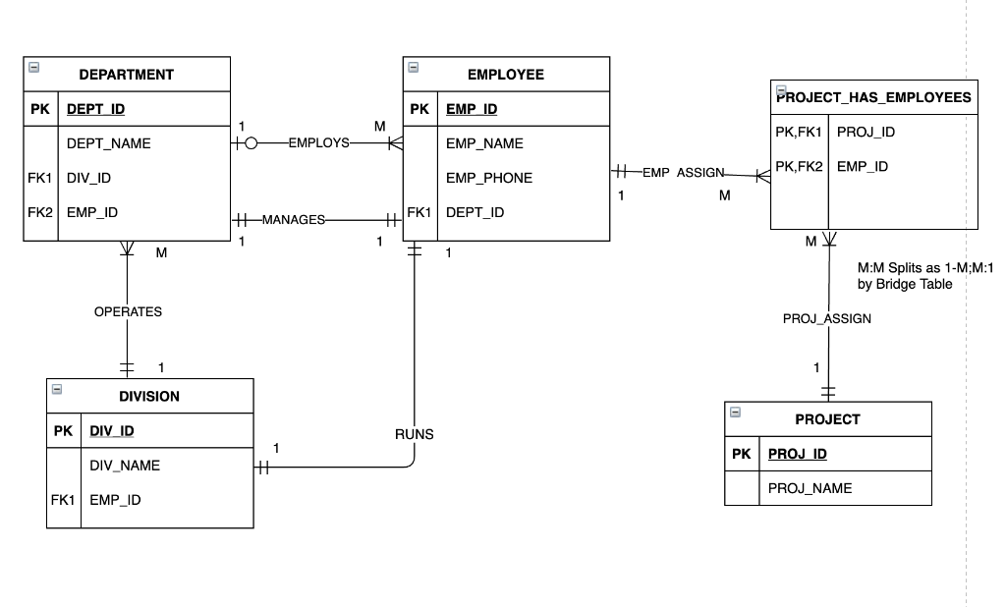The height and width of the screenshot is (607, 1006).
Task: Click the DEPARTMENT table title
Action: click(127, 75)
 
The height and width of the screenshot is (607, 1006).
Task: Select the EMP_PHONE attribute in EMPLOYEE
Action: click(488, 178)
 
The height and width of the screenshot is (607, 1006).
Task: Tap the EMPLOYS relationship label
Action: click(318, 142)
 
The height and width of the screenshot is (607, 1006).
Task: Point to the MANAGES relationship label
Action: click(293, 219)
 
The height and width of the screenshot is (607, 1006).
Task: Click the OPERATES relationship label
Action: click(128, 311)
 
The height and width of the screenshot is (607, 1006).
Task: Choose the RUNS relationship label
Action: click(414, 434)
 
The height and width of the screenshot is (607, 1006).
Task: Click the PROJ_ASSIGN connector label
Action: click(826, 318)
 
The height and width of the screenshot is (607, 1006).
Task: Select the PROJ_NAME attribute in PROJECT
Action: click(810, 488)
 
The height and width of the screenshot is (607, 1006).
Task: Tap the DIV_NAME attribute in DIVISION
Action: click(125, 466)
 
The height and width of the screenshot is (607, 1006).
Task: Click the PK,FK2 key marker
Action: click(798, 167)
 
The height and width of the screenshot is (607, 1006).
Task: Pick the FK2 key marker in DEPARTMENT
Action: click(39, 212)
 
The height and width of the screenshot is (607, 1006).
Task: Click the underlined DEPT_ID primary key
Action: click(95, 109)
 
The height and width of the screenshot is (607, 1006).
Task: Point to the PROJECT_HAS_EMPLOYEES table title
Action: click(873, 97)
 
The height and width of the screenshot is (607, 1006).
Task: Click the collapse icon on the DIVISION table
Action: click(57, 390)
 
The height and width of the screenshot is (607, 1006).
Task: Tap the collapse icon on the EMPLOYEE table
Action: click(414, 68)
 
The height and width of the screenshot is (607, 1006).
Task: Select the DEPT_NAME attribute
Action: click(109, 143)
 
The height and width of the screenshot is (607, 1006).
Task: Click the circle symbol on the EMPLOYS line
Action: click(251, 143)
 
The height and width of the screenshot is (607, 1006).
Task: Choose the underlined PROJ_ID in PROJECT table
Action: click(797, 454)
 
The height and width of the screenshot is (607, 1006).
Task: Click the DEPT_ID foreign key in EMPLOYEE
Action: click(475, 212)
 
